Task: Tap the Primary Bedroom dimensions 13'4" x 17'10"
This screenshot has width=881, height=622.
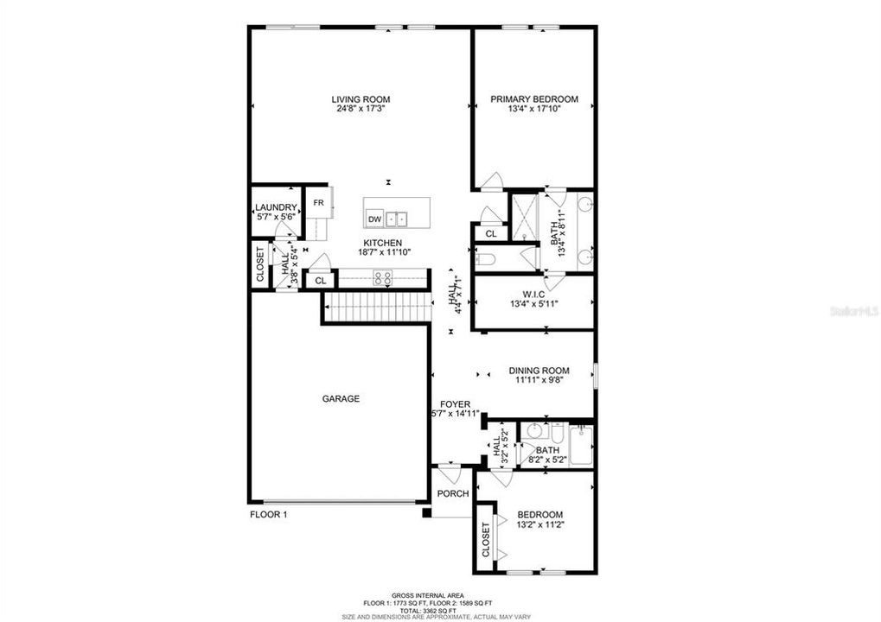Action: pos(533,110)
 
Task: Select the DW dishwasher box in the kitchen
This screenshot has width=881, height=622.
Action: pos(374,219)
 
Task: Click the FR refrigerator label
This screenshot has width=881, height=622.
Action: pos(318,204)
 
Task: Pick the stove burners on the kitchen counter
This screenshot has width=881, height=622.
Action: pos(382,277)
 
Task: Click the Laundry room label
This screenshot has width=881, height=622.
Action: pos(277,207)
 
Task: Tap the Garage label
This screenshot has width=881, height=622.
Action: pos(341,399)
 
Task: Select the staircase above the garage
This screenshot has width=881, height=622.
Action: pos(377,307)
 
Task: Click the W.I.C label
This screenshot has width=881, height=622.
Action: pos(533,293)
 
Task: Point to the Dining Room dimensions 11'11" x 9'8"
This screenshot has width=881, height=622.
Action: pos(538,381)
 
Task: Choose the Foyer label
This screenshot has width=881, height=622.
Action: pos(455,403)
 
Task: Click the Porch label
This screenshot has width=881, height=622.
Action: pos(453,494)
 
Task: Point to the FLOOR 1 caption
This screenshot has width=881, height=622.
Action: pos(268,515)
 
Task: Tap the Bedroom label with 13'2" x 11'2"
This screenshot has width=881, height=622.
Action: pos(539,514)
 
